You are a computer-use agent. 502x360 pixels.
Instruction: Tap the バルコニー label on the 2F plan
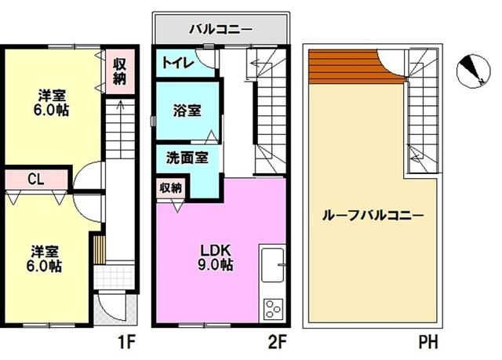[x=220, y=30]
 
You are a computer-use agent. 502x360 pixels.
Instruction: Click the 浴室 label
[x=186, y=111]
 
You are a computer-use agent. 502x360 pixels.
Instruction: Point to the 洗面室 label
[x=186, y=157]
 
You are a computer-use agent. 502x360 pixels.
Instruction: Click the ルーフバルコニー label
[x=373, y=216]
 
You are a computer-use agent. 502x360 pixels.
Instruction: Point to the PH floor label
[x=427, y=342]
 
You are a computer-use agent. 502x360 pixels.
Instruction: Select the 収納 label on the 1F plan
[x=119, y=71]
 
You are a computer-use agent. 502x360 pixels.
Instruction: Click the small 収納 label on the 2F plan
[x=170, y=188]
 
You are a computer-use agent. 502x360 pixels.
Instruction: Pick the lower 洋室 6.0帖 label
[x=46, y=258]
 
